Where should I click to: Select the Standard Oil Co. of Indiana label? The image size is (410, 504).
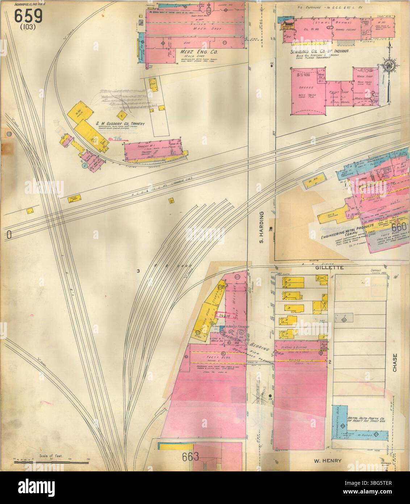coord(319,51)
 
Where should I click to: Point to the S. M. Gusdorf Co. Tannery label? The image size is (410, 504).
coord(120,124)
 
